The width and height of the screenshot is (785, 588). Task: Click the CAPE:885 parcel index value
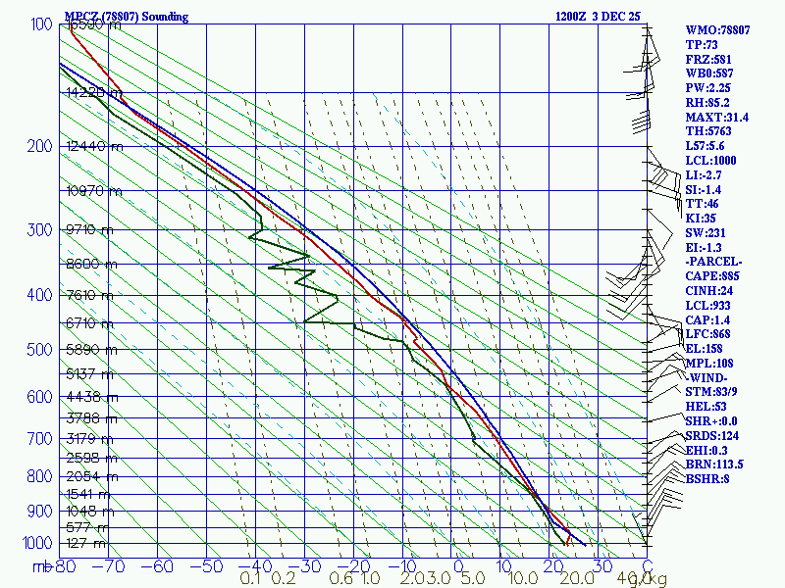click(x=713, y=276)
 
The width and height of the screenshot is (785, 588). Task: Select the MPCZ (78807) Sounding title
click(x=126, y=17)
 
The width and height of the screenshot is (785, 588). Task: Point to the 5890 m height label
click(x=89, y=349)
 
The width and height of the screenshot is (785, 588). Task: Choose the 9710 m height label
click(x=89, y=230)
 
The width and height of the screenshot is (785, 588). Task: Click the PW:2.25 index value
click(x=707, y=87)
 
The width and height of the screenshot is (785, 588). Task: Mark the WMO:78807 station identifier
click(x=717, y=30)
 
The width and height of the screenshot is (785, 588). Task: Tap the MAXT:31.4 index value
click(x=716, y=117)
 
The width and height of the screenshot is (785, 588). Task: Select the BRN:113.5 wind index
click(x=713, y=464)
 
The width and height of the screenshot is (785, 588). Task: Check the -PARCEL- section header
click(x=714, y=262)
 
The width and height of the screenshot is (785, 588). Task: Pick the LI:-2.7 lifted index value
click(x=706, y=174)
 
